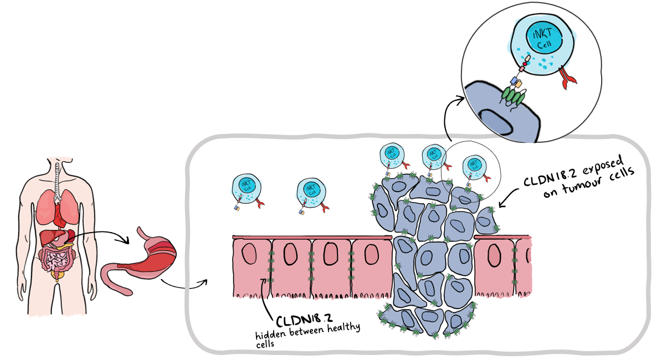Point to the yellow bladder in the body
pyautogui.click(x=56, y=275)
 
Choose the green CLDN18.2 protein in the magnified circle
pyautogui.click(x=512, y=97)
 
